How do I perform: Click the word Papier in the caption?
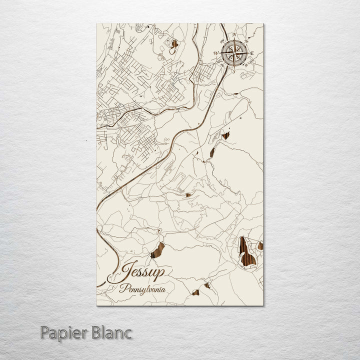63,332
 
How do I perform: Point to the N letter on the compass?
234,35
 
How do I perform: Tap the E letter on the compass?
252,53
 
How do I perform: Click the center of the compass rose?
233,52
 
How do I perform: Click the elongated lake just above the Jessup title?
158,249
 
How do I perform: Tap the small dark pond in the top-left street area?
174,44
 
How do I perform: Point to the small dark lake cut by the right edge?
260,245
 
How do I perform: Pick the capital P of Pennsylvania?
122,288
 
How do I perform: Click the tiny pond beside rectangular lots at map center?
188,195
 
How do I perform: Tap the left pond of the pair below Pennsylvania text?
196,292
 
